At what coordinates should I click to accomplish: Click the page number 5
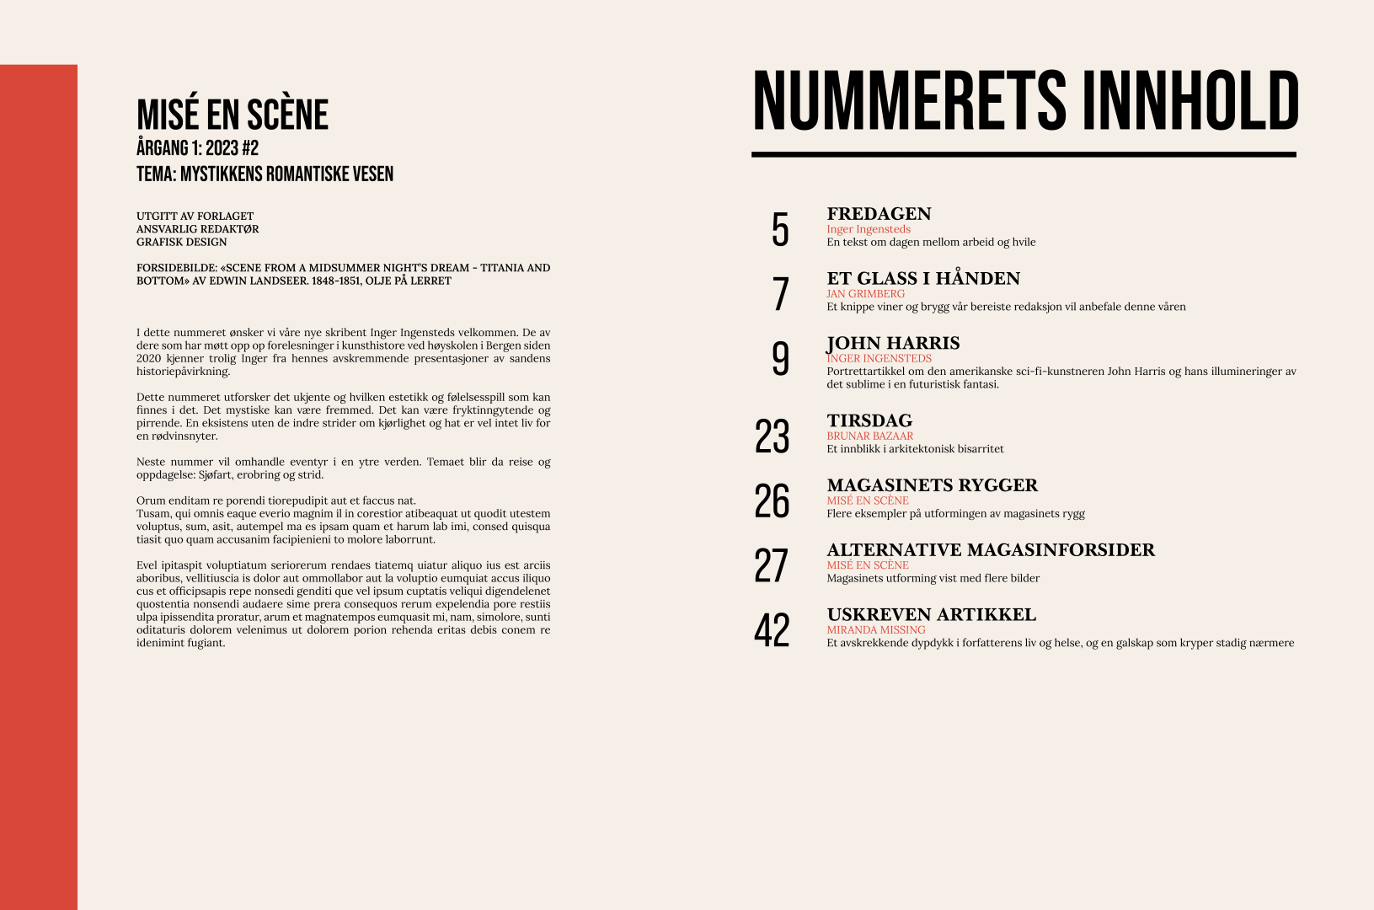point(780,229)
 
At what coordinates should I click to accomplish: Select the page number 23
point(772,436)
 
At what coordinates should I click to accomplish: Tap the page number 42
point(772,630)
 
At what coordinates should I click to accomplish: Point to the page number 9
point(780,359)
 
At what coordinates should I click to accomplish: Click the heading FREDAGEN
point(879,214)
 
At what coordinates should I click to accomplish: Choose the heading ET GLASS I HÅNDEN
point(923,279)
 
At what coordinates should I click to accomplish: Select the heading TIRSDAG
point(869,420)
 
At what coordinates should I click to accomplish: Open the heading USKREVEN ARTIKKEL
point(931,614)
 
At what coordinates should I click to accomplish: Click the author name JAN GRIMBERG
point(865,294)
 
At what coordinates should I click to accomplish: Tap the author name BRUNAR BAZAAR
point(869,436)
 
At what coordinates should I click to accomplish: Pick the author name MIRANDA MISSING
point(875,630)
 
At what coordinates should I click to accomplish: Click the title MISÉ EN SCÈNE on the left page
point(233,115)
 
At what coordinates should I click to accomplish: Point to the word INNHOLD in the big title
point(1190,101)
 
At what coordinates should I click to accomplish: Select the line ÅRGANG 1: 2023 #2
point(197,148)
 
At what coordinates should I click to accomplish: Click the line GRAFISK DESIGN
point(181,242)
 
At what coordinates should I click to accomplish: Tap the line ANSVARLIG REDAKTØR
point(197,229)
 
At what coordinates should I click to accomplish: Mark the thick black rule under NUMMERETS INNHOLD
point(1024,155)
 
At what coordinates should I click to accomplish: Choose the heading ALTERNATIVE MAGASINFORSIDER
point(991,550)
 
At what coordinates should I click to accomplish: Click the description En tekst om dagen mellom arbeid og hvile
point(931,243)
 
